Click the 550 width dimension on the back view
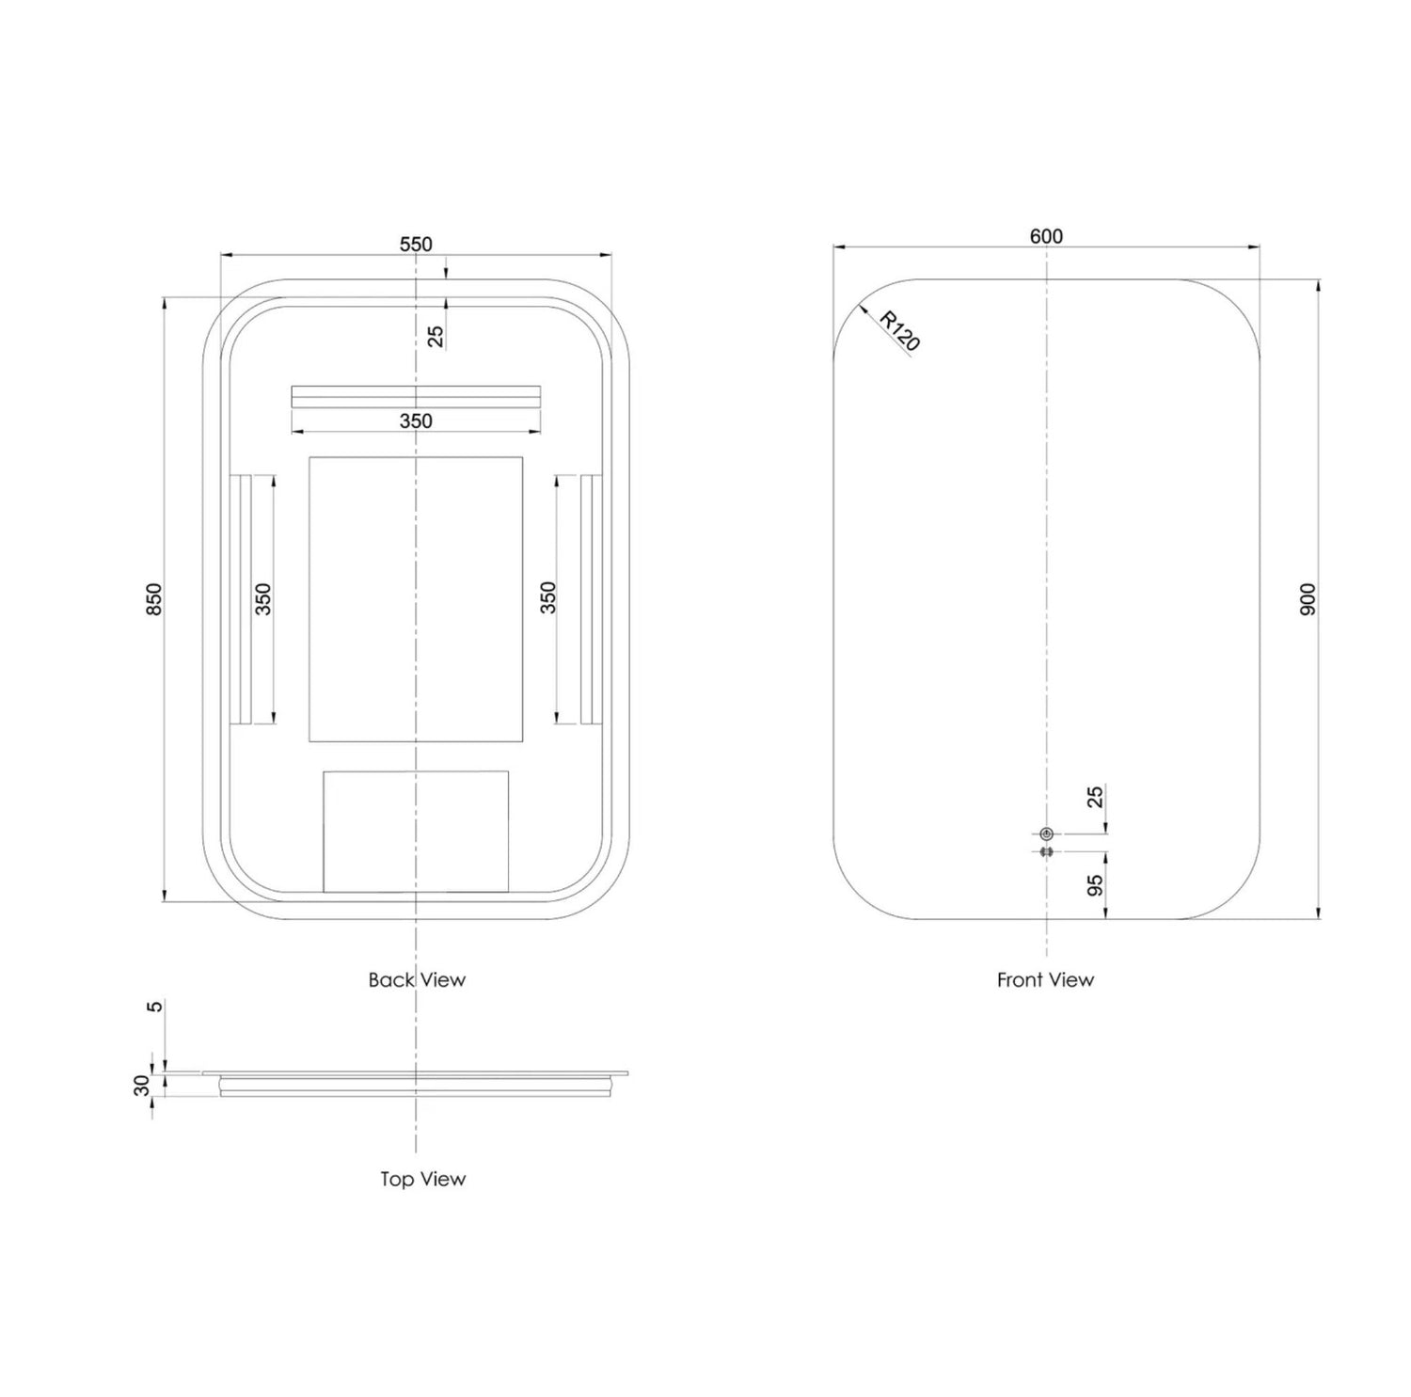pos(416,245)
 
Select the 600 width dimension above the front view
pos(1046,236)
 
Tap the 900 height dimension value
pos(1308,599)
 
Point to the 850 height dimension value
pos(155,599)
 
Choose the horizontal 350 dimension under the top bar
pos(416,421)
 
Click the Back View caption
pos(417,979)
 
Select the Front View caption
pos(1045,979)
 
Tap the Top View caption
pos(422,1179)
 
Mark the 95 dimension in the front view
pos(1095,885)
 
